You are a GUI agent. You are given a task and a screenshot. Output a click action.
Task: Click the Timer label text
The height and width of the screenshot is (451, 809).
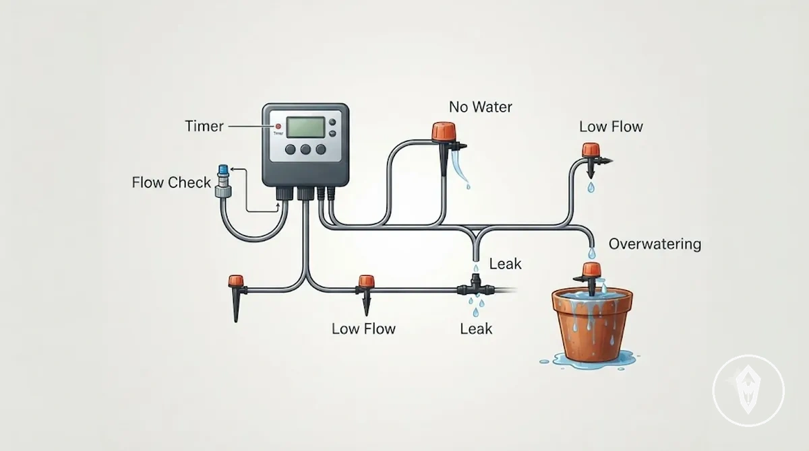coord(204,126)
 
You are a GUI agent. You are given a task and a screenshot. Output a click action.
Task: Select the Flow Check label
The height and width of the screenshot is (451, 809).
coord(171,182)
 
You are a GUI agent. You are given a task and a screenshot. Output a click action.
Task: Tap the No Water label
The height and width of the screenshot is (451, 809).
coord(480,107)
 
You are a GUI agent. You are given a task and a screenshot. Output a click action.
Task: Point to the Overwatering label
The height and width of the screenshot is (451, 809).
coord(655,244)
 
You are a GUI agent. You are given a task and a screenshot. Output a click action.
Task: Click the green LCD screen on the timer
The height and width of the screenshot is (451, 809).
coord(306,127)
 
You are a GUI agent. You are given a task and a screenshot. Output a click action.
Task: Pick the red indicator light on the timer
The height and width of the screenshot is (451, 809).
coord(278,127)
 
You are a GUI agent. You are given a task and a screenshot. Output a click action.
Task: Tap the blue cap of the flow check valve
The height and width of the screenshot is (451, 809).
coord(223,170)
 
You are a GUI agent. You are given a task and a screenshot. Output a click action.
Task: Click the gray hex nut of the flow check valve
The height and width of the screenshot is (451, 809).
coord(223,191)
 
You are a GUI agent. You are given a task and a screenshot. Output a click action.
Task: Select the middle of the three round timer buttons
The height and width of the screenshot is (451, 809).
coord(305,149)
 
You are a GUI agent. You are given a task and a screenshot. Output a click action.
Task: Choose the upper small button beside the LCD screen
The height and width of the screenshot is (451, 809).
coord(332,123)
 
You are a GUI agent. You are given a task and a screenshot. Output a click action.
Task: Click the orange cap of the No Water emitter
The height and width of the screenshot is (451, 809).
coord(444,131)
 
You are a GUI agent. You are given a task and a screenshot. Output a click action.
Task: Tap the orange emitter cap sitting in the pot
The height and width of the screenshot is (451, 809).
coord(592,270)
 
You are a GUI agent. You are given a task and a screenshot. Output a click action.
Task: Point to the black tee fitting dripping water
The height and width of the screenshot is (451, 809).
coord(475,286)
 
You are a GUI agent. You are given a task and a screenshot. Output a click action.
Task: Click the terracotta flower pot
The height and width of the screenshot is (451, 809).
coord(592,324)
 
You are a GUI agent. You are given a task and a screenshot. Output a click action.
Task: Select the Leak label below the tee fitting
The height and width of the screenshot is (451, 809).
coord(476,328)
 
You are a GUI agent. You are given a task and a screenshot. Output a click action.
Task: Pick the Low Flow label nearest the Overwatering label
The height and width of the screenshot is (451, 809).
coord(611,127)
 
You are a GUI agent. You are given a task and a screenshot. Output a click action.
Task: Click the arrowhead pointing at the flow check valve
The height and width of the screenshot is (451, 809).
coord(233,169)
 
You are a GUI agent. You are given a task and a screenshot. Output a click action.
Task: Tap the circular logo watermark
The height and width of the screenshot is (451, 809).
coord(748,391)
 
